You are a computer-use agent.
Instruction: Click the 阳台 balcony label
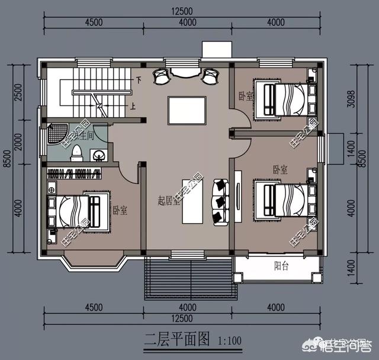[281, 266]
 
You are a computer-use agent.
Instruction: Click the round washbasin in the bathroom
[99, 155]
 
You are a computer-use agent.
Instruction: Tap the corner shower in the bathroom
[56, 136]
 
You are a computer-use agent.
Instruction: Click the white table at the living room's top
[187, 110]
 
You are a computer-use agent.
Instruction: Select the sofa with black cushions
[220, 201]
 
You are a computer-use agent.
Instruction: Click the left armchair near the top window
[162, 75]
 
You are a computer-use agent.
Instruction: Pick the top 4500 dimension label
[94, 22]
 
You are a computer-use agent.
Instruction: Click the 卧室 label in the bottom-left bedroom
[120, 211]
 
